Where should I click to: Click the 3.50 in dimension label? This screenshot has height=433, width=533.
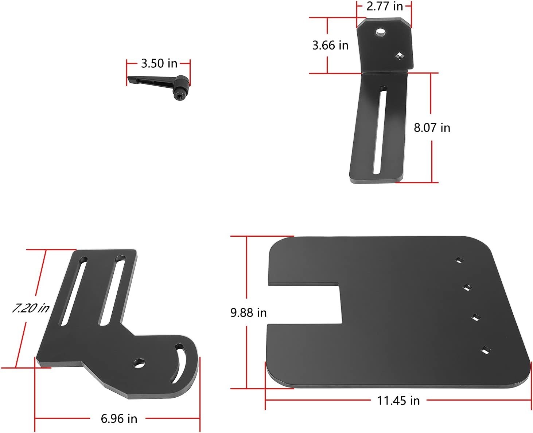(x=159, y=63)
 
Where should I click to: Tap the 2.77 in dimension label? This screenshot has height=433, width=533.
(x=385, y=6)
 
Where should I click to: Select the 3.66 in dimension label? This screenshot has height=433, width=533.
(x=330, y=46)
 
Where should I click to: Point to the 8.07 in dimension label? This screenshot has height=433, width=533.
(x=432, y=128)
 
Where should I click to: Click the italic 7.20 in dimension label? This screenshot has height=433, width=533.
(x=31, y=308)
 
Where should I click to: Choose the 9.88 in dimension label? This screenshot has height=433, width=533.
(x=248, y=313)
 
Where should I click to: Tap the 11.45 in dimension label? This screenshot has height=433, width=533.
(x=398, y=401)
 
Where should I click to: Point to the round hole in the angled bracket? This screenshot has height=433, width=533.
(x=380, y=32)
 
